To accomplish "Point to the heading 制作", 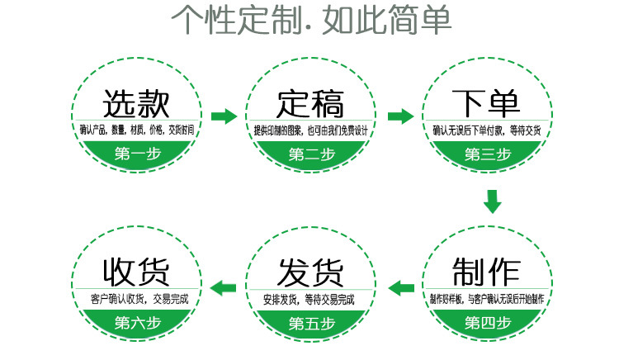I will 487,272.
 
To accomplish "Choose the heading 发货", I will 310,272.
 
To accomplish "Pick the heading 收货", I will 136,272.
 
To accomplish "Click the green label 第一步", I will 136,153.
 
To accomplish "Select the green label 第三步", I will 487,154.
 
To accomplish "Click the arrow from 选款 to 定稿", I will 224,116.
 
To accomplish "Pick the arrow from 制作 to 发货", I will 401,287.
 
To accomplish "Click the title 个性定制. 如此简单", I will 311,19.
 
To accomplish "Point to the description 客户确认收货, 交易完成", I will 136,299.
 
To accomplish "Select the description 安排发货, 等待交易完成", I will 311,299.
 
